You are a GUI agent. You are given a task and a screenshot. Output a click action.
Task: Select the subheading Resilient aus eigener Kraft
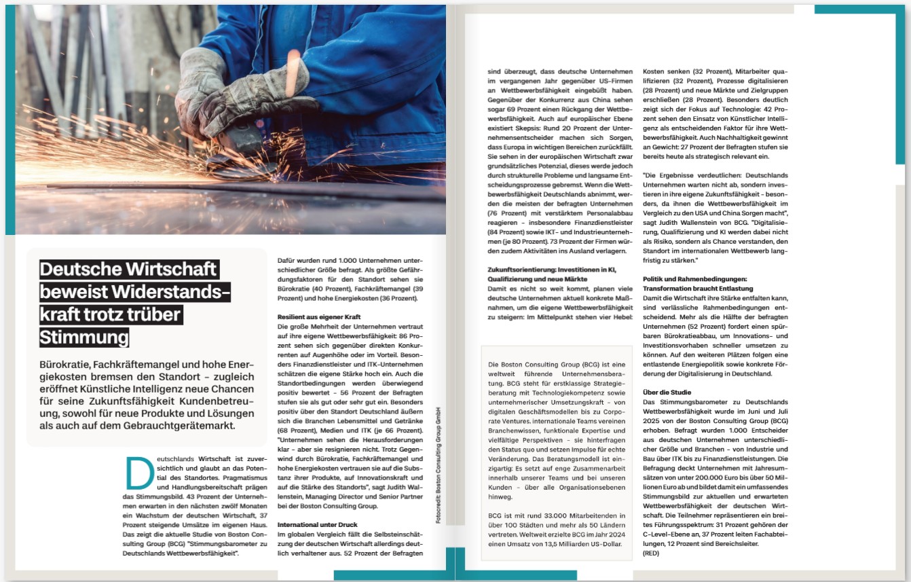click(319, 317)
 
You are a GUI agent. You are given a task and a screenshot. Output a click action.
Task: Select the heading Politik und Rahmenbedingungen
click(694, 278)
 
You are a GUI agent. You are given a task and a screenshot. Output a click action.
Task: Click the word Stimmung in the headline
click(84, 337)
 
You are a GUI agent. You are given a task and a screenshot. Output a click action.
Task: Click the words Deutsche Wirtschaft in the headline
click(128, 270)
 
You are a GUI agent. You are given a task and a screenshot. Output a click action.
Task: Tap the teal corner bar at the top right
click(862, 10)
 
